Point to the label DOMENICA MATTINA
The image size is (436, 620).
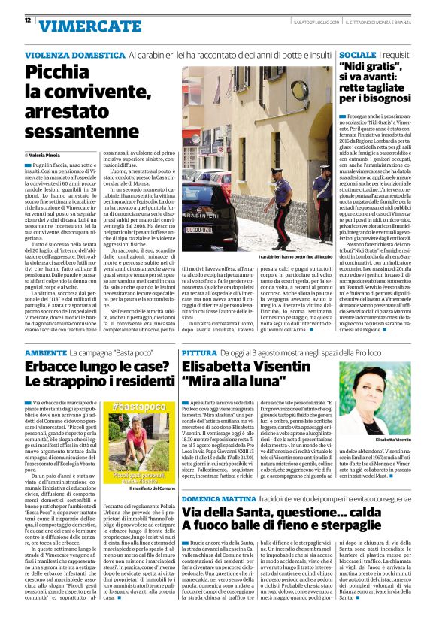point(218,498)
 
